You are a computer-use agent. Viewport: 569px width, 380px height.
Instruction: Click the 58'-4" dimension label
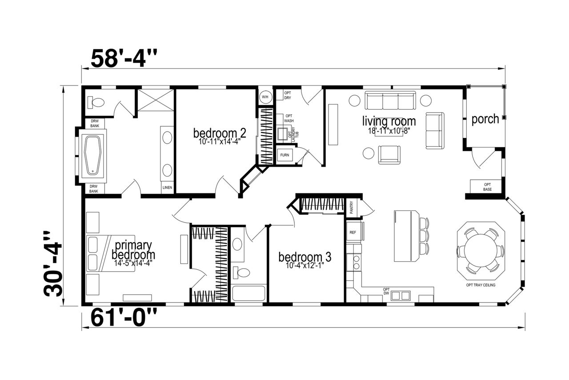(124, 58)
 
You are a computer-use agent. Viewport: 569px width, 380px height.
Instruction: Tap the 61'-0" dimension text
(124, 317)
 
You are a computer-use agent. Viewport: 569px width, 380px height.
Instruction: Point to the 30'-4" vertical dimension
(53, 264)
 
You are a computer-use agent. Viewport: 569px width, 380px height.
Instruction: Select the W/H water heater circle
(265, 97)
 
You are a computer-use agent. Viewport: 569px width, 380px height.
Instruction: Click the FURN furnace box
(284, 155)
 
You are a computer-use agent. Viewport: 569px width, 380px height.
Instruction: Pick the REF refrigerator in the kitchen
(353, 232)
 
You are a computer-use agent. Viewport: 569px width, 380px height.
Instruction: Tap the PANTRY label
(352, 207)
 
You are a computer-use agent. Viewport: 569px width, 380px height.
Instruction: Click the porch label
(485, 119)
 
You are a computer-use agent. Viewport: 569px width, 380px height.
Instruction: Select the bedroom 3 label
(305, 257)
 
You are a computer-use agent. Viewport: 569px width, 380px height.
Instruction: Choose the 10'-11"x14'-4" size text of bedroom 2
(219, 141)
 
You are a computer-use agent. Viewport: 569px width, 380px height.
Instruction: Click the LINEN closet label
(167, 187)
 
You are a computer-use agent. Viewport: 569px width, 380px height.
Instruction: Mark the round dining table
(481, 251)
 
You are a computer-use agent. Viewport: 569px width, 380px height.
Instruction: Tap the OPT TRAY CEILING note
(481, 285)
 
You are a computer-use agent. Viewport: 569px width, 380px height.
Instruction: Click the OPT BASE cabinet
(485, 186)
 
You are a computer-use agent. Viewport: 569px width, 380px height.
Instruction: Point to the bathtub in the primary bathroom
(93, 156)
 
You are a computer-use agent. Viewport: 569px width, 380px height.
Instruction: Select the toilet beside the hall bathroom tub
(241, 273)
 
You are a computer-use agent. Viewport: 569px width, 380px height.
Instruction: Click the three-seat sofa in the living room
(390, 100)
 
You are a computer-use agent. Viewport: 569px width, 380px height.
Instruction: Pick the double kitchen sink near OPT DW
(401, 295)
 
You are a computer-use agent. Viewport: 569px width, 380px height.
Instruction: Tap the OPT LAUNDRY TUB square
(282, 134)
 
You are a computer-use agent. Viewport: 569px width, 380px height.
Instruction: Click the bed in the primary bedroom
(111, 253)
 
